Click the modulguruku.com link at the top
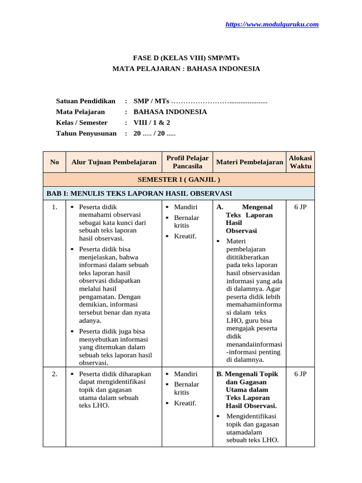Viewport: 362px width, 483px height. click(x=272, y=25)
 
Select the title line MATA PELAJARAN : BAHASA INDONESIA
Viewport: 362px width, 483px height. click(x=186, y=68)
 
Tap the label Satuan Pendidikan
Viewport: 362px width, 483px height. click(x=86, y=101)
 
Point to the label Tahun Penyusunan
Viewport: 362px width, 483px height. click(x=86, y=133)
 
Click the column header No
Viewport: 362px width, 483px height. click(x=54, y=162)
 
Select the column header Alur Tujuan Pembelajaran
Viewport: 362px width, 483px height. click(x=114, y=162)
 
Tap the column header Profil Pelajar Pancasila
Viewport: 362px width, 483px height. click(x=187, y=162)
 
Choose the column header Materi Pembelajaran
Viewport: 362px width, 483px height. click(x=249, y=162)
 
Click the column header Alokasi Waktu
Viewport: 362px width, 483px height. click(x=300, y=162)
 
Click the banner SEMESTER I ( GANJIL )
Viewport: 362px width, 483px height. click(x=179, y=180)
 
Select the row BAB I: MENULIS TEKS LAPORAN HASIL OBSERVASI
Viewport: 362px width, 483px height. click(x=139, y=193)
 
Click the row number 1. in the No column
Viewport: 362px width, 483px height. click(x=55, y=207)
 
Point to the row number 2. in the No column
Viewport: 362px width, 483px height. click(x=55, y=374)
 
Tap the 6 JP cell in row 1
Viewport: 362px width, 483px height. click(x=300, y=207)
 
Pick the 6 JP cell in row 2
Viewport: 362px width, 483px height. click(x=300, y=374)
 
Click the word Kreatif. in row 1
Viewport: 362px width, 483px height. click(x=185, y=236)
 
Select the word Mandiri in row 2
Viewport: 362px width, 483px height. click(x=186, y=374)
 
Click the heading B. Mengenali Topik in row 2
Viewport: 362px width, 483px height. click(x=247, y=374)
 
